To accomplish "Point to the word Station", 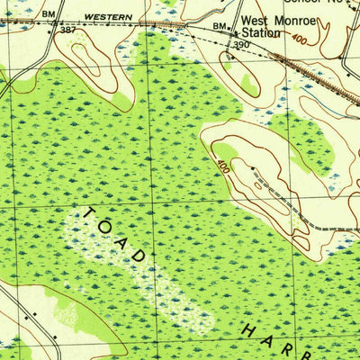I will [260, 32].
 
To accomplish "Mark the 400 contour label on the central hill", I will [222, 166].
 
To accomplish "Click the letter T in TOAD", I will [91, 214].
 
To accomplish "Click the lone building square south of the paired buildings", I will [56, 338].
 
